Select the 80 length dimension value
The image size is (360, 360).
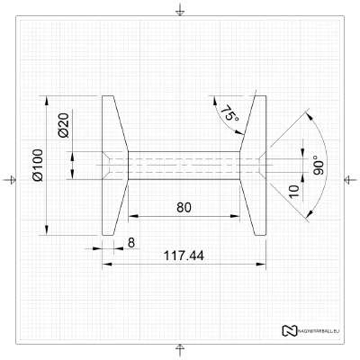coord(184,207)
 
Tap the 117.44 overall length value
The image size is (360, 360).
coord(184,256)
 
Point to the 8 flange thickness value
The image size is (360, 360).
coord(131,242)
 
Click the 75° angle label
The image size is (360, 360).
coord(229,114)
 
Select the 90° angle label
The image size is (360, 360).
coord(318,165)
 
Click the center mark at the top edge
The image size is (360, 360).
coord(180,10)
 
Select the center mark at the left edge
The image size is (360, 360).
coord(10,179)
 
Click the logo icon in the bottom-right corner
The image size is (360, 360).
coord(290,330)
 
